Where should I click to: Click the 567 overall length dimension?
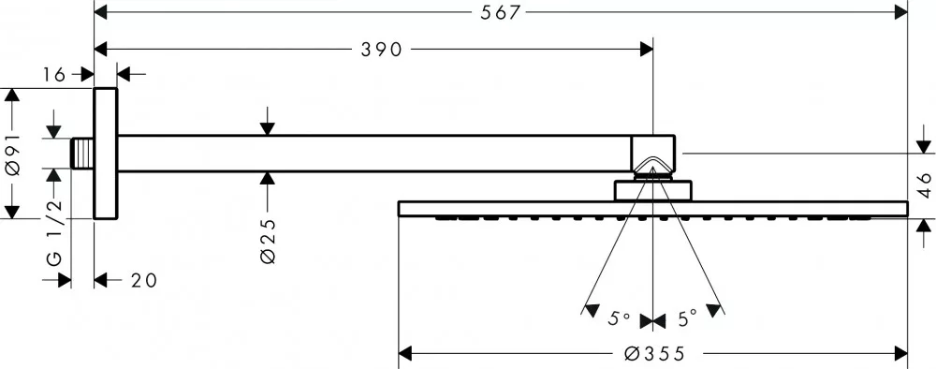501,12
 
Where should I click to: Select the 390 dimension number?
382,50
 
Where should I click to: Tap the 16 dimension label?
53,75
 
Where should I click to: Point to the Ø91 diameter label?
14,155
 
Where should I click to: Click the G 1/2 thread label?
53,233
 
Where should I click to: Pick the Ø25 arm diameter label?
268,242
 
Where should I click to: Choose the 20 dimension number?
144,280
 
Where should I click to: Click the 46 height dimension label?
925,185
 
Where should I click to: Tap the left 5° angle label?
619,318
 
